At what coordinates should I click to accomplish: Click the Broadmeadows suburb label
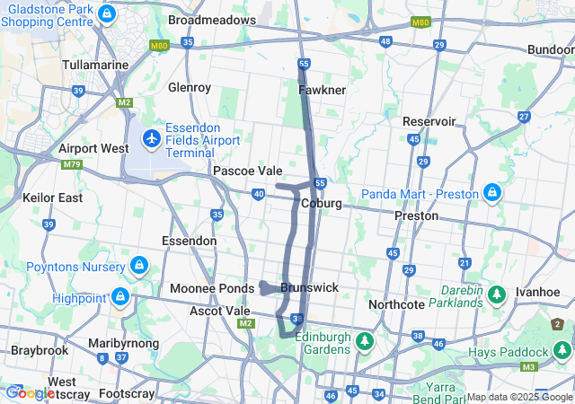tap(212, 19)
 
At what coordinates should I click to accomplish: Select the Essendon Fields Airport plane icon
tap(152, 140)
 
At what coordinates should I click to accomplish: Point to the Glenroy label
tap(189, 88)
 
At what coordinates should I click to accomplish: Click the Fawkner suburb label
tap(322, 91)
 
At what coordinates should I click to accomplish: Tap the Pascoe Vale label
tap(247, 171)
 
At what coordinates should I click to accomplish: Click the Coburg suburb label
tap(321, 204)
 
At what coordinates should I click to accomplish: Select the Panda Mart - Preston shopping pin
tap(492, 193)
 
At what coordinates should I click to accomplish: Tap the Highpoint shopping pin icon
tap(119, 295)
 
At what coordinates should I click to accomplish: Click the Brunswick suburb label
tap(309, 288)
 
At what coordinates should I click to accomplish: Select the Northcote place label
tap(395, 304)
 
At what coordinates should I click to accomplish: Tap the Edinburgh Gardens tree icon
tap(365, 341)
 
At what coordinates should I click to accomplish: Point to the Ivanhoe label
tap(537, 293)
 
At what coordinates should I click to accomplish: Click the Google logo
tap(30, 392)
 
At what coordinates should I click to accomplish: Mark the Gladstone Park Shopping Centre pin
tap(107, 14)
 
